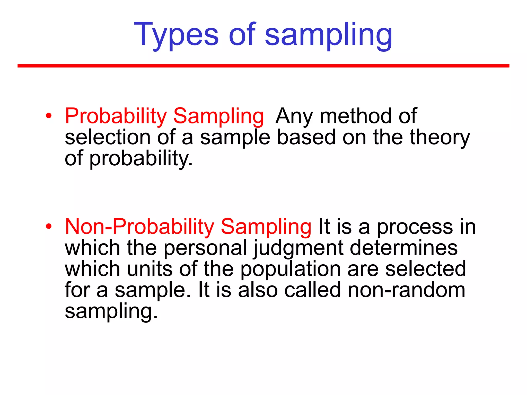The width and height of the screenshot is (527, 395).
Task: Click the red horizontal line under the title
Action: tap(263, 66)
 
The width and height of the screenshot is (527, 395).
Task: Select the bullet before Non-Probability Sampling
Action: tap(49, 227)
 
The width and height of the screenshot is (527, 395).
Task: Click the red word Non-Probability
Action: tap(139, 227)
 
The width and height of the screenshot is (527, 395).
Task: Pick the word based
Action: tap(306, 137)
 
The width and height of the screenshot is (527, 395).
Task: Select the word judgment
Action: tap(298, 248)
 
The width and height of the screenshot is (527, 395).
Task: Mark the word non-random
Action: tap(406, 290)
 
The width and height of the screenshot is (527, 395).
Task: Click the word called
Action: tap(312, 290)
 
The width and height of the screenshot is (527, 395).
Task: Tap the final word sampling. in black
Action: tap(111, 311)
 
